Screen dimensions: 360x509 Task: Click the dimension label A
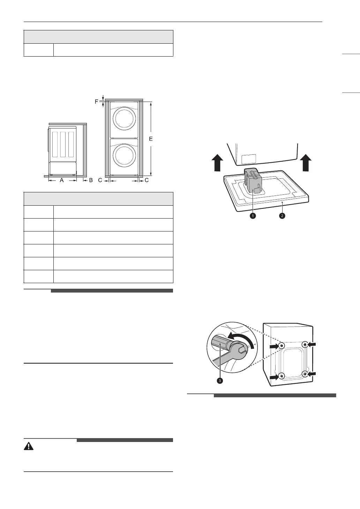[62, 180]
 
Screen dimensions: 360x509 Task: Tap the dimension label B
[91, 180]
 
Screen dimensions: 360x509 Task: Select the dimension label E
[151, 139]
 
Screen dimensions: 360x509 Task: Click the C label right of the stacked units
[147, 180]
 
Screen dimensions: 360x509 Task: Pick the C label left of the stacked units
[100, 180]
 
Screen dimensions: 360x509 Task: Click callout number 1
[252, 216]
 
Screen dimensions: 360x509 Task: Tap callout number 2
[282, 216]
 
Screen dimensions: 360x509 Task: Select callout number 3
[220, 381]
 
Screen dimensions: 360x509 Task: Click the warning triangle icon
[29, 446]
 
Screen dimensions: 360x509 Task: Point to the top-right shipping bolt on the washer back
[305, 345]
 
